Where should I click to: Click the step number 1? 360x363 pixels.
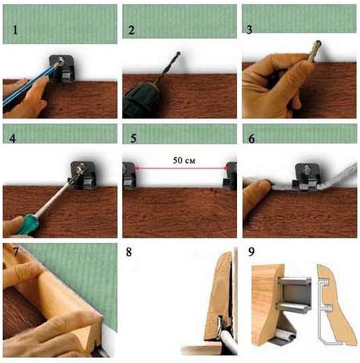click(15, 30)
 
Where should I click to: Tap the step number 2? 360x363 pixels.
click(131, 30)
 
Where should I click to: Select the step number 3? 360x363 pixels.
click(249, 30)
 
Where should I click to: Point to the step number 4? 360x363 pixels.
click(12, 139)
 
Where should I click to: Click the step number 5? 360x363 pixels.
click(134, 138)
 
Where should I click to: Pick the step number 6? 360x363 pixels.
click(251, 139)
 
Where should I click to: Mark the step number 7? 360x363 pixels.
click(15, 252)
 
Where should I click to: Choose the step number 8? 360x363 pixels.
click(129, 252)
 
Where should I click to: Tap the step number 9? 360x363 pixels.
click(251, 252)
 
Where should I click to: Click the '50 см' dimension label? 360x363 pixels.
click(184, 160)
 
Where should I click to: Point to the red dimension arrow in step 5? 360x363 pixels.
click(181, 167)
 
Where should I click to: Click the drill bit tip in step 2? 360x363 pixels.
click(178, 53)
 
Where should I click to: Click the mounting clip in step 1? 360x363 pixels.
click(62, 69)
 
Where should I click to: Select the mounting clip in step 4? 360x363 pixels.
click(84, 175)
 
